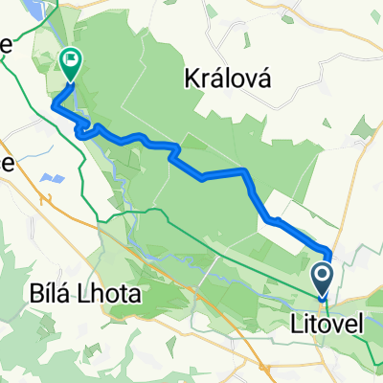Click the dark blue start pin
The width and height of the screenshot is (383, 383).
[x=322, y=277]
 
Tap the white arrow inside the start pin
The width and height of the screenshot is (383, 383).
[x=322, y=276]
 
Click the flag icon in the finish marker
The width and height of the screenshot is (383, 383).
[x=71, y=60]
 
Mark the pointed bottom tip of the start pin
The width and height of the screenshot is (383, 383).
[x=322, y=296]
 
